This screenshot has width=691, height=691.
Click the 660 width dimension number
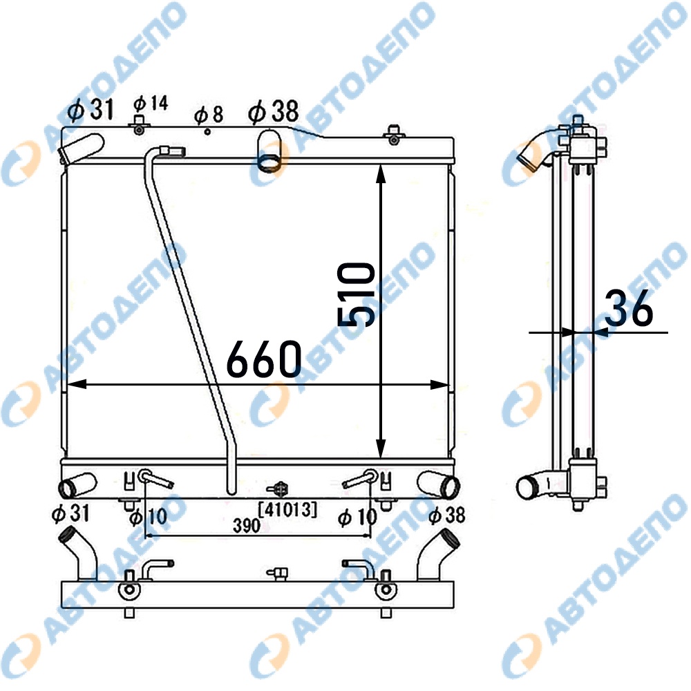coord(264,359)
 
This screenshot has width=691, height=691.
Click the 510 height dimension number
coord(356,294)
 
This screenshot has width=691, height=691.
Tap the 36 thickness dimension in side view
coord(628,308)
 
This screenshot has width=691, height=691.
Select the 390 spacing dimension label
coord(247,525)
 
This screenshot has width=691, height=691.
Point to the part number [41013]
coord(287,510)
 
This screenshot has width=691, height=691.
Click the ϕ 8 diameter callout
coord(209,114)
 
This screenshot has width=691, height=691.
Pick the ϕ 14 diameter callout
coord(151,104)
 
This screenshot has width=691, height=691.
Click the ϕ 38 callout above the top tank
coord(273,111)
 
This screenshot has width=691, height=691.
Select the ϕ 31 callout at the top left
coord(91,109)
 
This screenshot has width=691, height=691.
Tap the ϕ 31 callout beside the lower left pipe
coord(71,513)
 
